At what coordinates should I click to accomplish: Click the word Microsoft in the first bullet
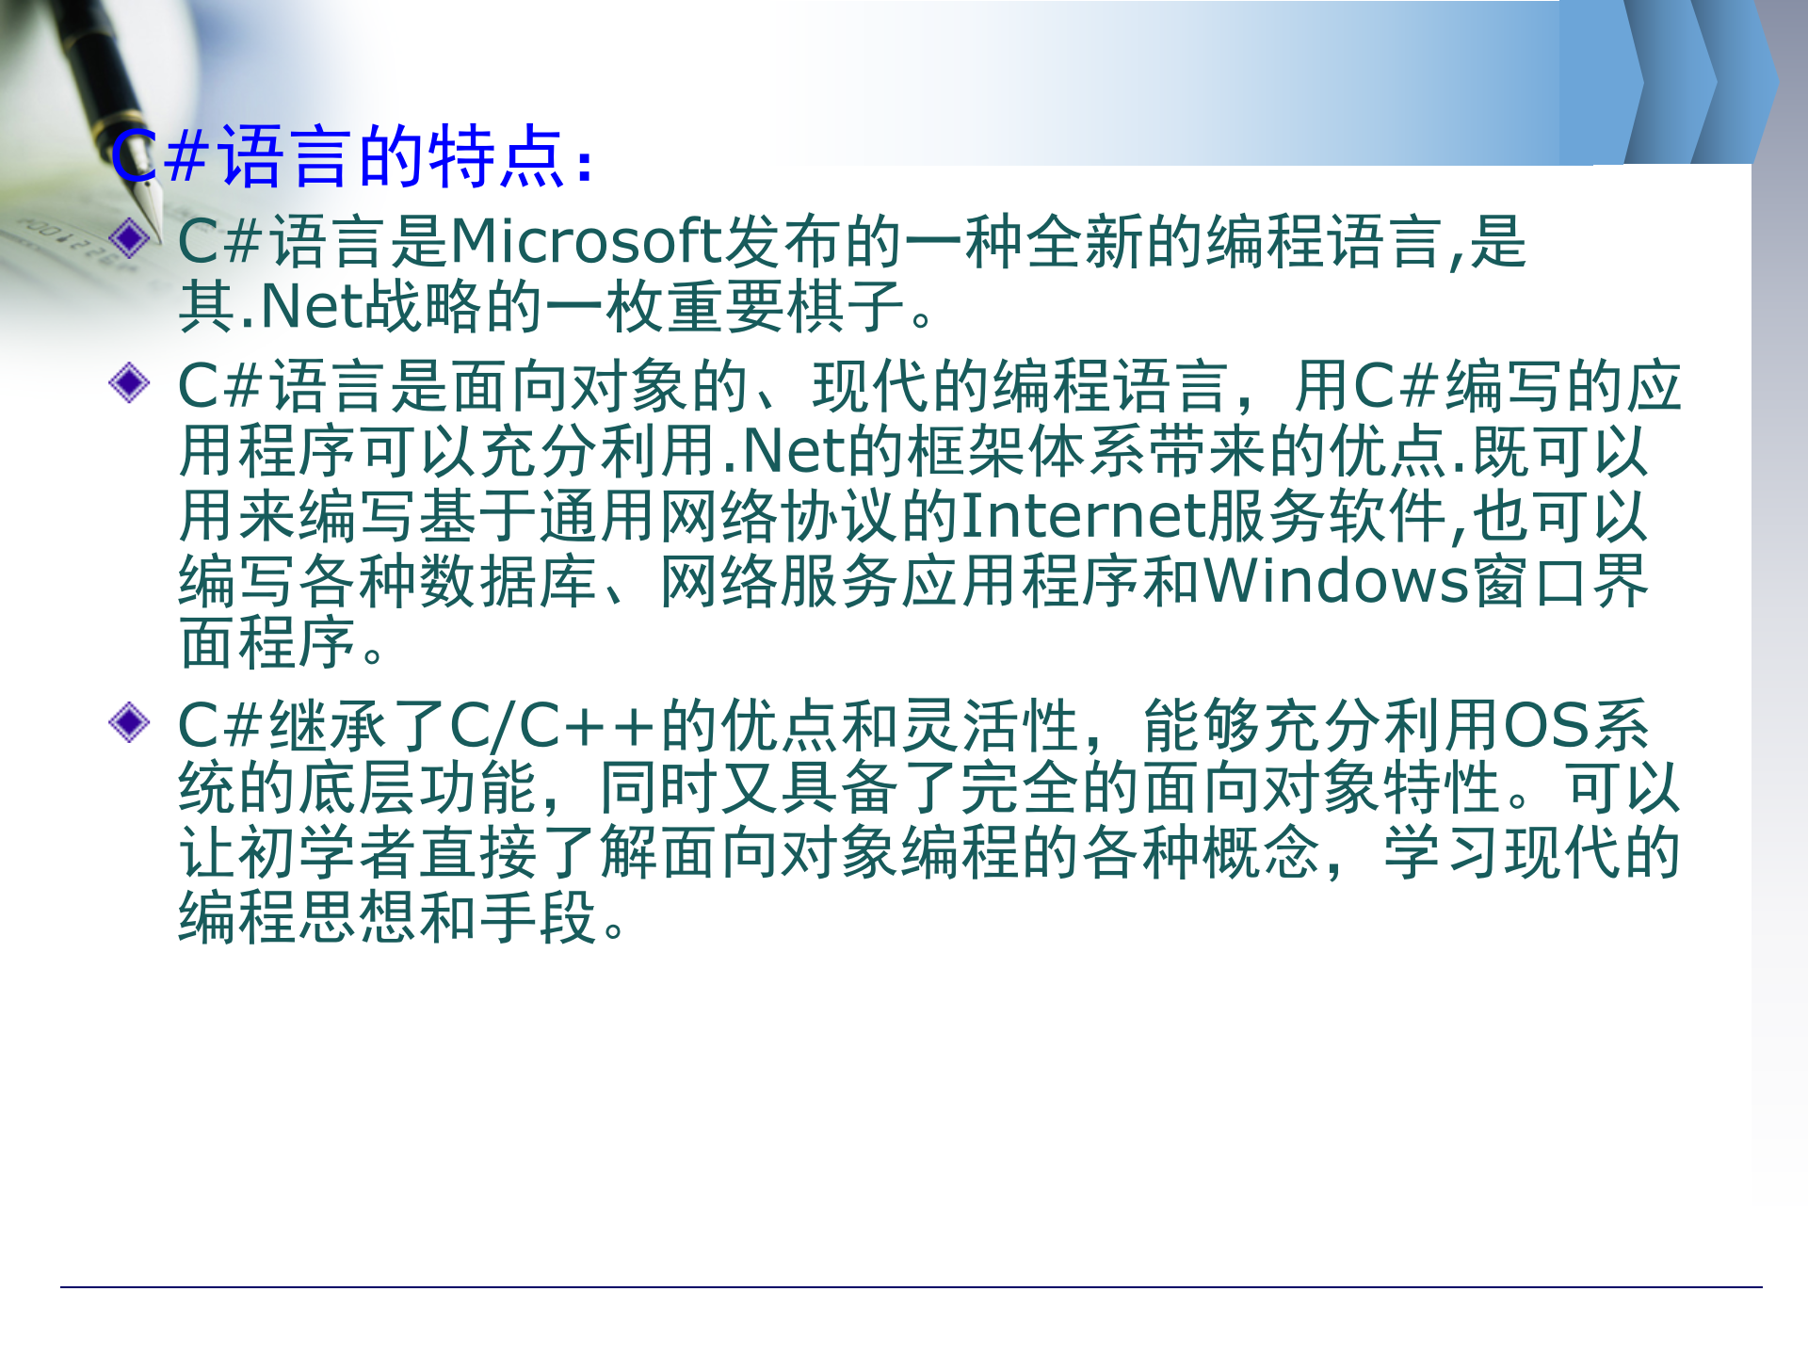(586, 241)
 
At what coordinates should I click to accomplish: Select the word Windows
(1335, 581)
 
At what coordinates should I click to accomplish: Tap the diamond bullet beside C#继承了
(129, 722)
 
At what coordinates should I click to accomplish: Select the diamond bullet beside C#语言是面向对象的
(129, 383)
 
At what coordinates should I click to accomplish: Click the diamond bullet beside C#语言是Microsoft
(129, 237)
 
